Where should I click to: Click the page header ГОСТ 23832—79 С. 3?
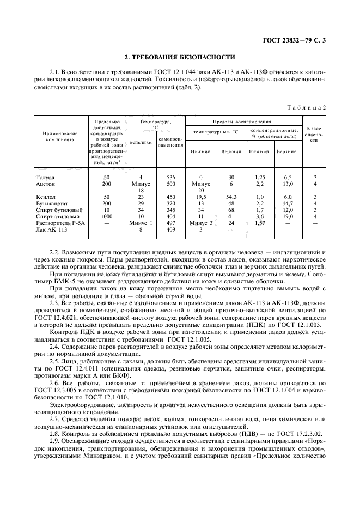point(296,40)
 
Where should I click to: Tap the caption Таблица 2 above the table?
point(306,108)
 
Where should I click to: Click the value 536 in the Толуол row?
point(170,178)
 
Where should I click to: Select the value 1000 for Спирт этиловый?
point(107,216)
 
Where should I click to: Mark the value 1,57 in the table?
point(259,223)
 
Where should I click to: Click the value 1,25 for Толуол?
point(259,178)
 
